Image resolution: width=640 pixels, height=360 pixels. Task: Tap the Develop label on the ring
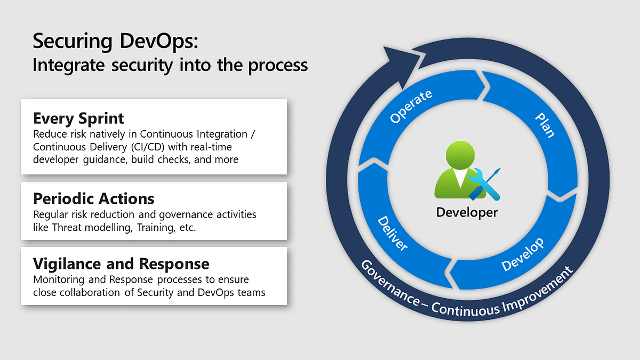point(523,254)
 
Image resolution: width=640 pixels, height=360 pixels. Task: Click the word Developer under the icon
point(467,212)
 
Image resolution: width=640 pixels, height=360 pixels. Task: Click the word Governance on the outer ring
point(389,283)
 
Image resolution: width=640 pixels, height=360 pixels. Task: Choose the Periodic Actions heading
point(94,199)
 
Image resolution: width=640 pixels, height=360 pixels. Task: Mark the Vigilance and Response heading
point(121,263)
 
